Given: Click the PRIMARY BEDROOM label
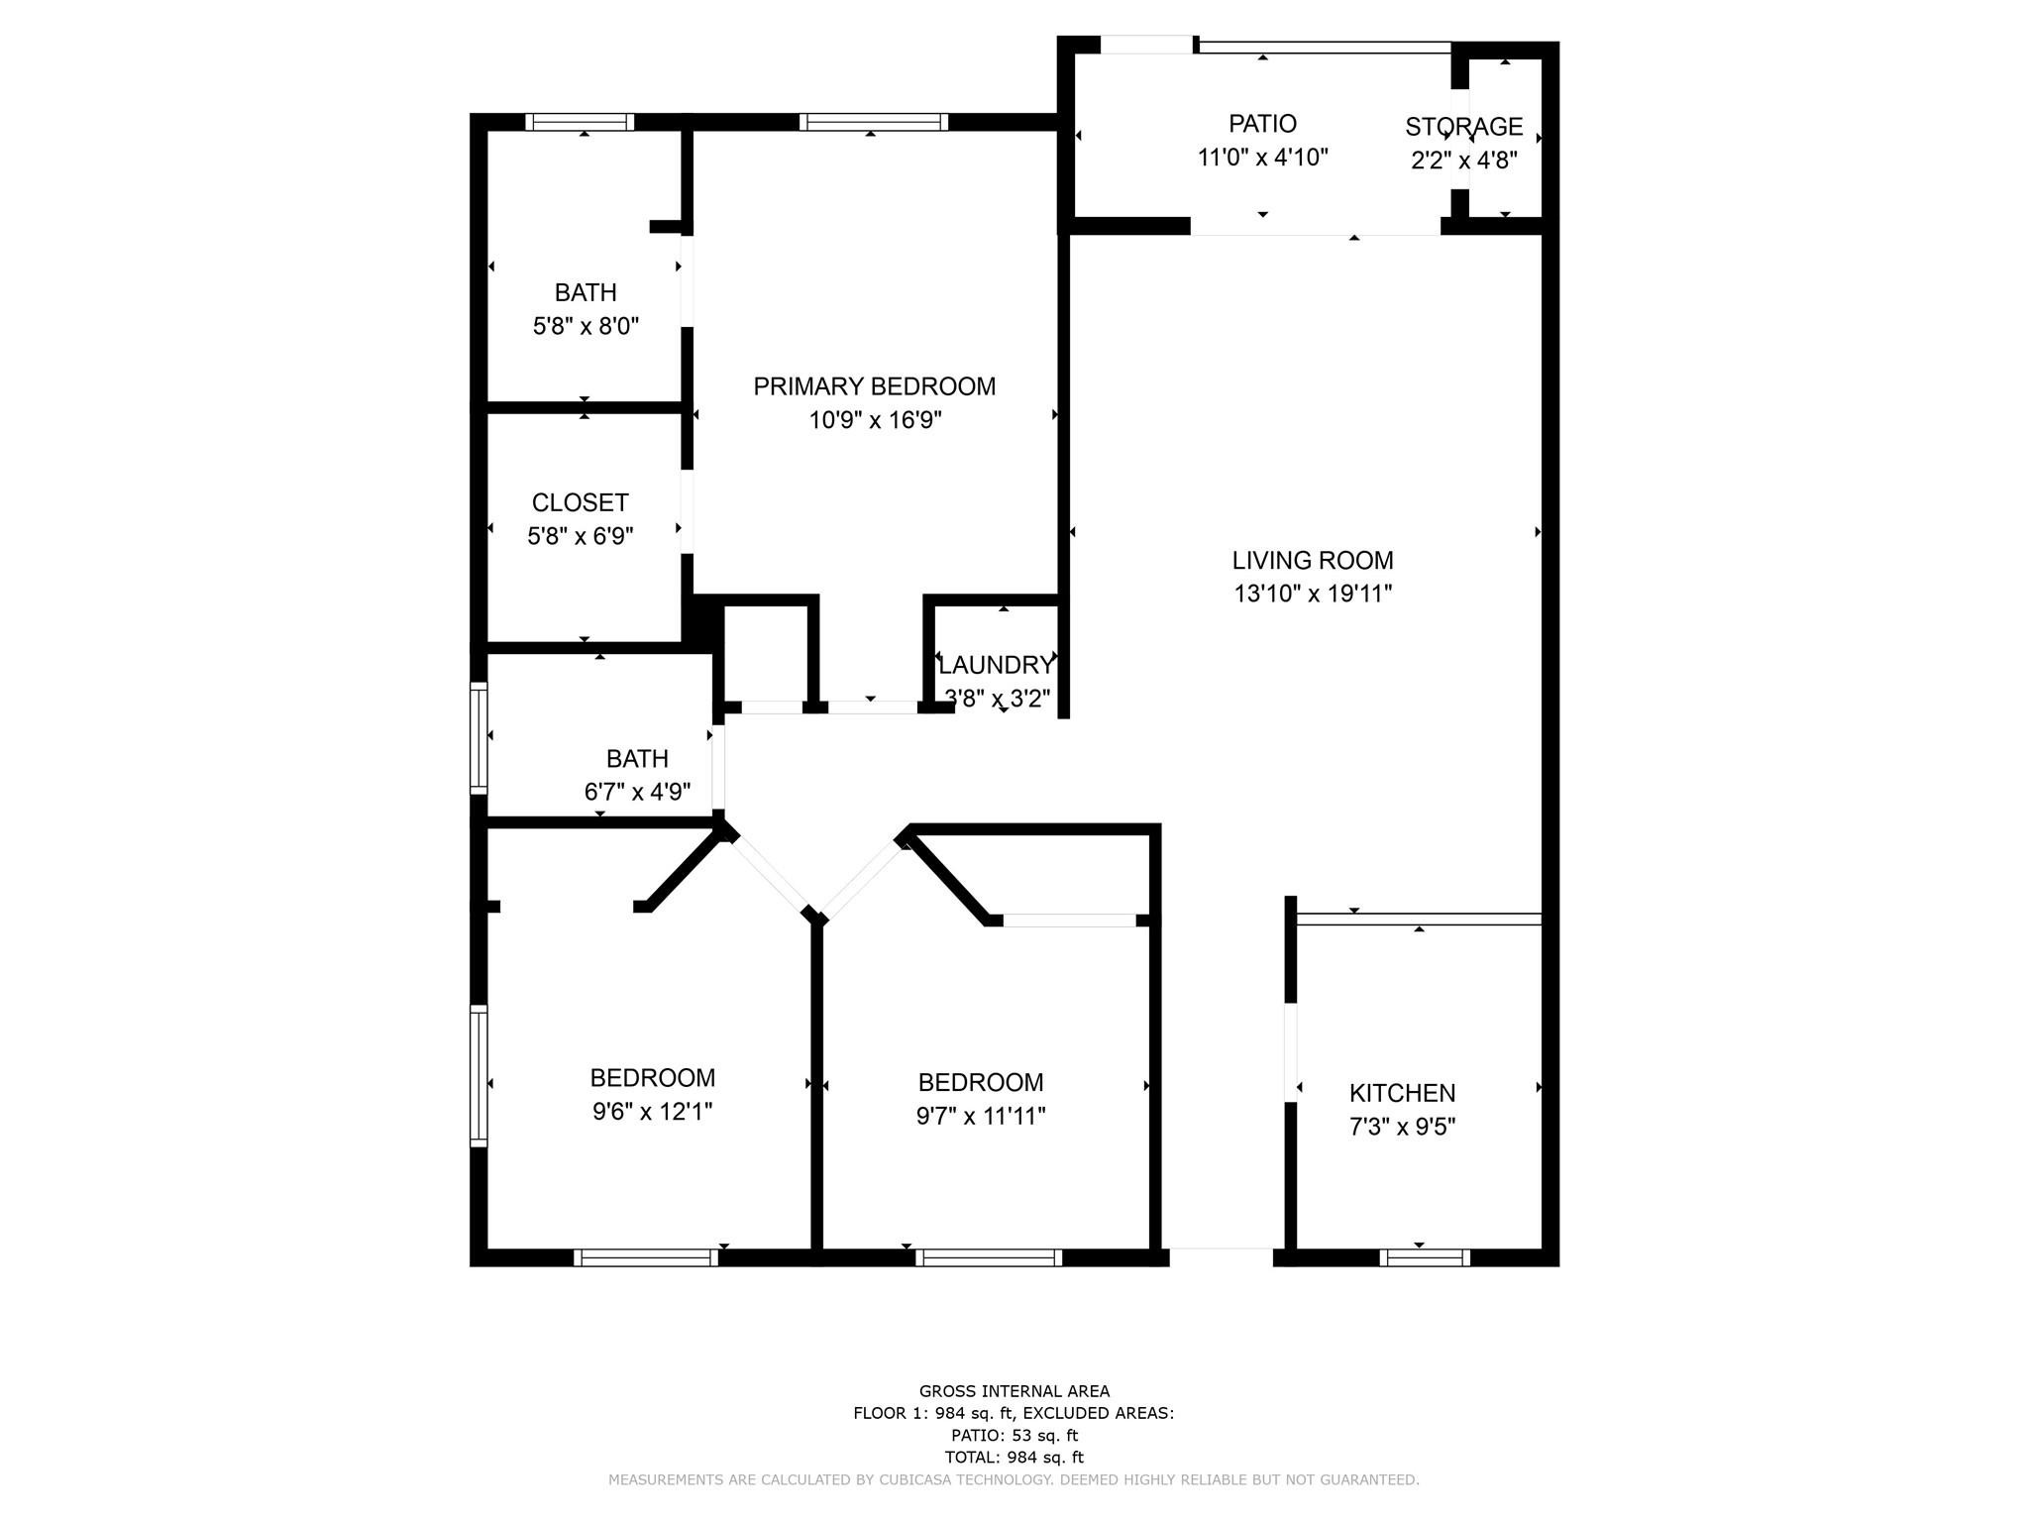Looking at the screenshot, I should pos(874,386).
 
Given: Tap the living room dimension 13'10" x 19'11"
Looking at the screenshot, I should pos(1313,594).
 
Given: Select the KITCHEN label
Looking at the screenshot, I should pos(1402,1093).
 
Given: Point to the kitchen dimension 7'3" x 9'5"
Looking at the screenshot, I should pos(1402,1127).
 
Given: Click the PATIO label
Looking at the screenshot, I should pos(1262,124).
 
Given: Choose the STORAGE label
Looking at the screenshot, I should pos(1463,127).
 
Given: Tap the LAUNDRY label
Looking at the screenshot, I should pos(996,665).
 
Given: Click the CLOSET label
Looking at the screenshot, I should pos(580,502).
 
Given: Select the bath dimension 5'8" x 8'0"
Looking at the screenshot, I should pos(586,326).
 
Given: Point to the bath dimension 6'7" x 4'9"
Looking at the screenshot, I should pos(637,792).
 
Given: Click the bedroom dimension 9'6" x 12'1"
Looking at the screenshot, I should pos(652,1111).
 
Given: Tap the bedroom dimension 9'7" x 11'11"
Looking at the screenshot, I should pos(981,1116).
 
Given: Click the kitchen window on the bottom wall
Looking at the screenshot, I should pos(1424,1257).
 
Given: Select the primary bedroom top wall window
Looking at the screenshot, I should pos(873,122).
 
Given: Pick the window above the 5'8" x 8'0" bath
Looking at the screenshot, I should pos(580,122).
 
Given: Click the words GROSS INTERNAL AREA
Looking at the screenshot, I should pos(1014,1391).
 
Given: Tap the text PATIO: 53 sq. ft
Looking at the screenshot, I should pos(1014,1435).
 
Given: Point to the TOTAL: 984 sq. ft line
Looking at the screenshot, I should pos(1014,1457).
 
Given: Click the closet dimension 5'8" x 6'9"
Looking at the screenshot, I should pos(580,536).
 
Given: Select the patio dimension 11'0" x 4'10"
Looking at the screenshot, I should pos(1262,158).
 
